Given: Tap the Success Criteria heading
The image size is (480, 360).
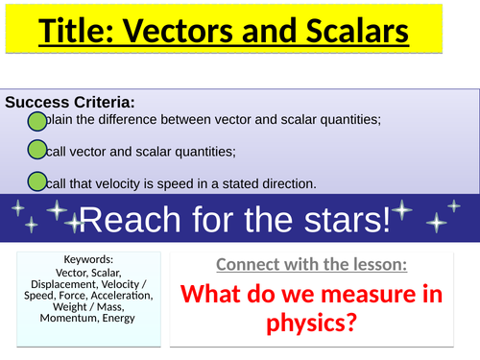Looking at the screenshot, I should pyautogui.click(x=69, y=102).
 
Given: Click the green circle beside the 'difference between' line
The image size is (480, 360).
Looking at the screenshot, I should pyautogui.click(x=36, y=120).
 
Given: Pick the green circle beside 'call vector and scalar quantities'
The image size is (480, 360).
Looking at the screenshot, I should pyautogui.click(x=36, y=150).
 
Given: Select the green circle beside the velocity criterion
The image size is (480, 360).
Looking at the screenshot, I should pyautogui.click(x=36, y=181).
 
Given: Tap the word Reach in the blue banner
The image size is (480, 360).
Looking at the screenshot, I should pyautogui.click(x=123, y=220).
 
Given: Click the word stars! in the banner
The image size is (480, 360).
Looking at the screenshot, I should pyautogui.click(x=349, y=220).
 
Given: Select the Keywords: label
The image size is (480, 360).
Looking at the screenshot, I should pyautogui.click(x=87, y=259).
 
